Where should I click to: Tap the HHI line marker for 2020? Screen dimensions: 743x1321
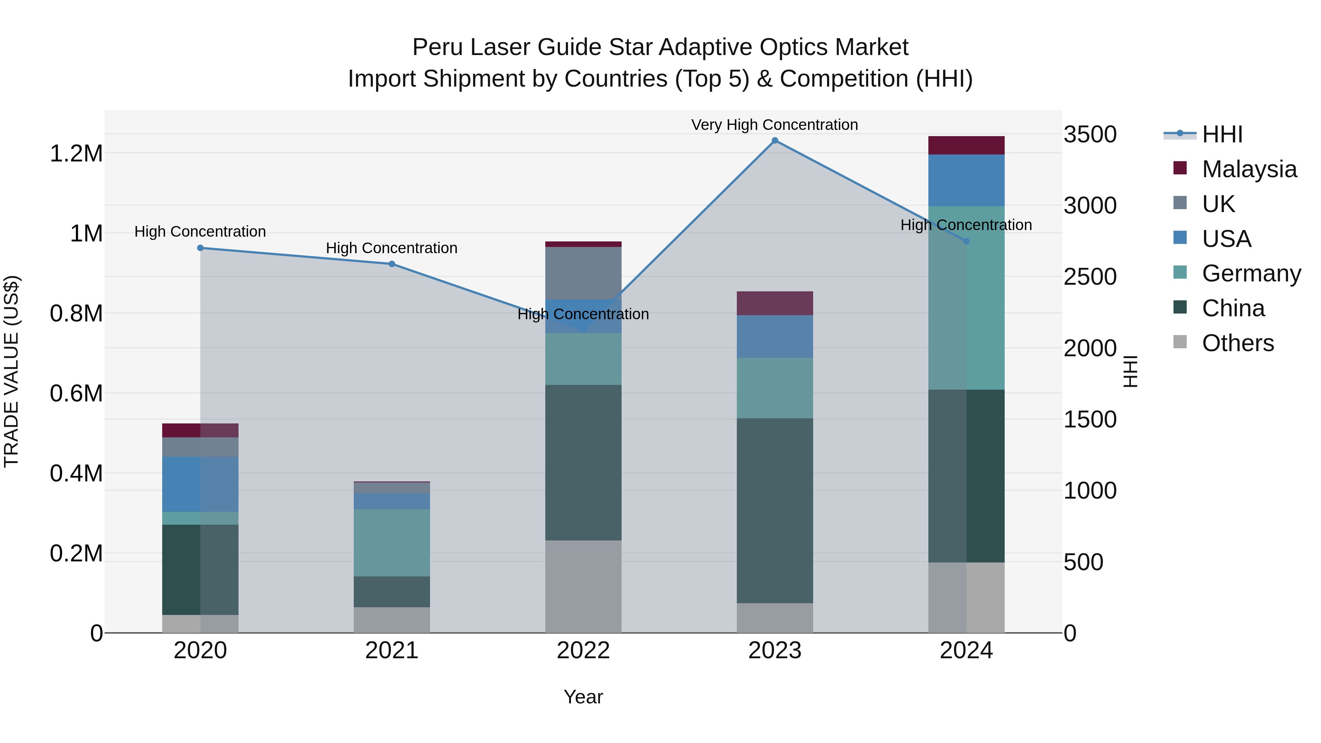(200, 248)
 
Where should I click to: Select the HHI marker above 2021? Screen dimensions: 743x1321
(392, 264)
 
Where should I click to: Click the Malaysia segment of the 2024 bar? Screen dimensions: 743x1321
(966, 146)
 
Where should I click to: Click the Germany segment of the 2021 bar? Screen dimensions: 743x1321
(392, 543)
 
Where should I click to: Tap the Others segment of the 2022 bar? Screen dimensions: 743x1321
(583, 587)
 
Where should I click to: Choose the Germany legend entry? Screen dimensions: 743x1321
(1251, 273)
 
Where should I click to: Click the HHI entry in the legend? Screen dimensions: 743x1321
(1222, 134)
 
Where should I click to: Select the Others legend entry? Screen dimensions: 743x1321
(1237, 343)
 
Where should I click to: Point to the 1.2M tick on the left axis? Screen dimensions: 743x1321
(76, 154)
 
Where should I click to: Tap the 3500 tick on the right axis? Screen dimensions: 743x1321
(1090, 135)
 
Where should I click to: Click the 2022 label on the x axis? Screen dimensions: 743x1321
(583, 651)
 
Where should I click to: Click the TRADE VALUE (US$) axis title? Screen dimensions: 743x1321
(12, 371)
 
